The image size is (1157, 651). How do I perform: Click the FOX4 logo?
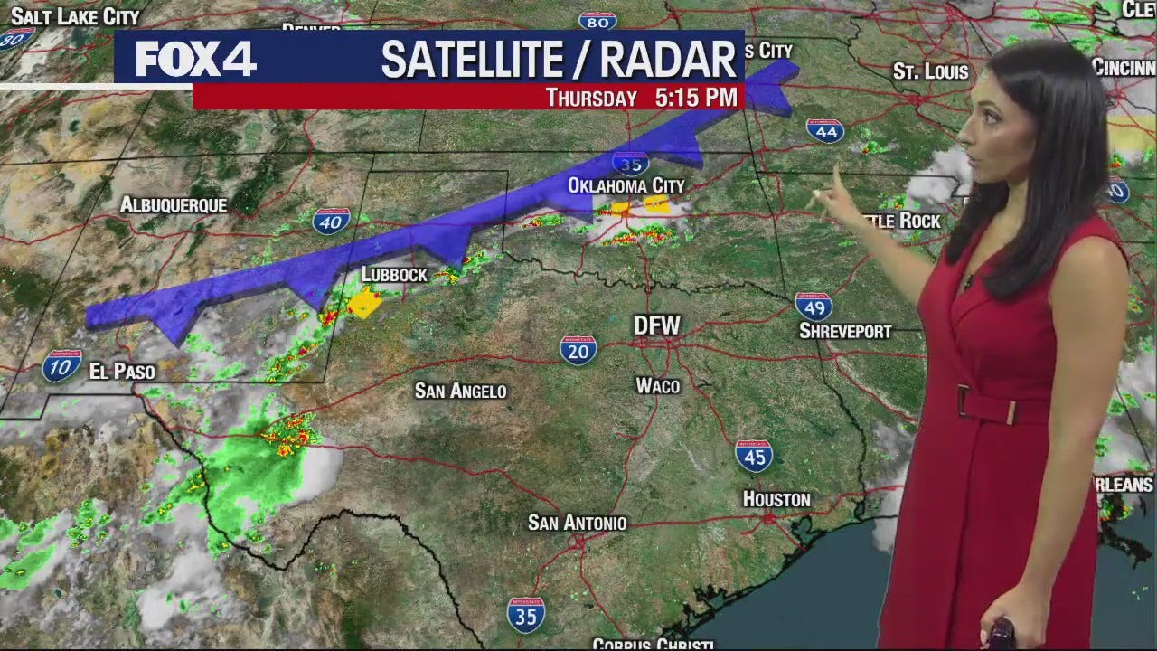click(x=195, y=60)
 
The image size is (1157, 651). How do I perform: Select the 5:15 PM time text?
click(x=697, y=97)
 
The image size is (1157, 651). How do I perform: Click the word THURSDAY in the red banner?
click(x=591, y=98)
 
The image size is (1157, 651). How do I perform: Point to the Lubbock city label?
click(x=394, y=274)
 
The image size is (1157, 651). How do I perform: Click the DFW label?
click(x=656, y=325)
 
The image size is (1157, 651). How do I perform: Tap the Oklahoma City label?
click(x=626, y=185)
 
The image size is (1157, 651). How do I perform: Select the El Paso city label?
click(x=122, y=371)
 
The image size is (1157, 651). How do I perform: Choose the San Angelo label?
click(x=460, y=391)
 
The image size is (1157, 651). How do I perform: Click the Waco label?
click(x=657, y=386)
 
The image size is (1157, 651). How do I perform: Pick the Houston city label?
click(x=776, y=499)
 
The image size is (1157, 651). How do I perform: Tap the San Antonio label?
click(x=577, y=523)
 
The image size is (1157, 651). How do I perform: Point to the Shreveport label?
click(x=844, y=332)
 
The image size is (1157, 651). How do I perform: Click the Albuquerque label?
click(x=174, y=205)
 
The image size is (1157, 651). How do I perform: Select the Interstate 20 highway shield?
click(x=578, y=349)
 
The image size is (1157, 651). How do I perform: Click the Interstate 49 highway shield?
click(x=814, y=307)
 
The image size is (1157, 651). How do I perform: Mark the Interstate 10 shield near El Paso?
click(x=61, y=366)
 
